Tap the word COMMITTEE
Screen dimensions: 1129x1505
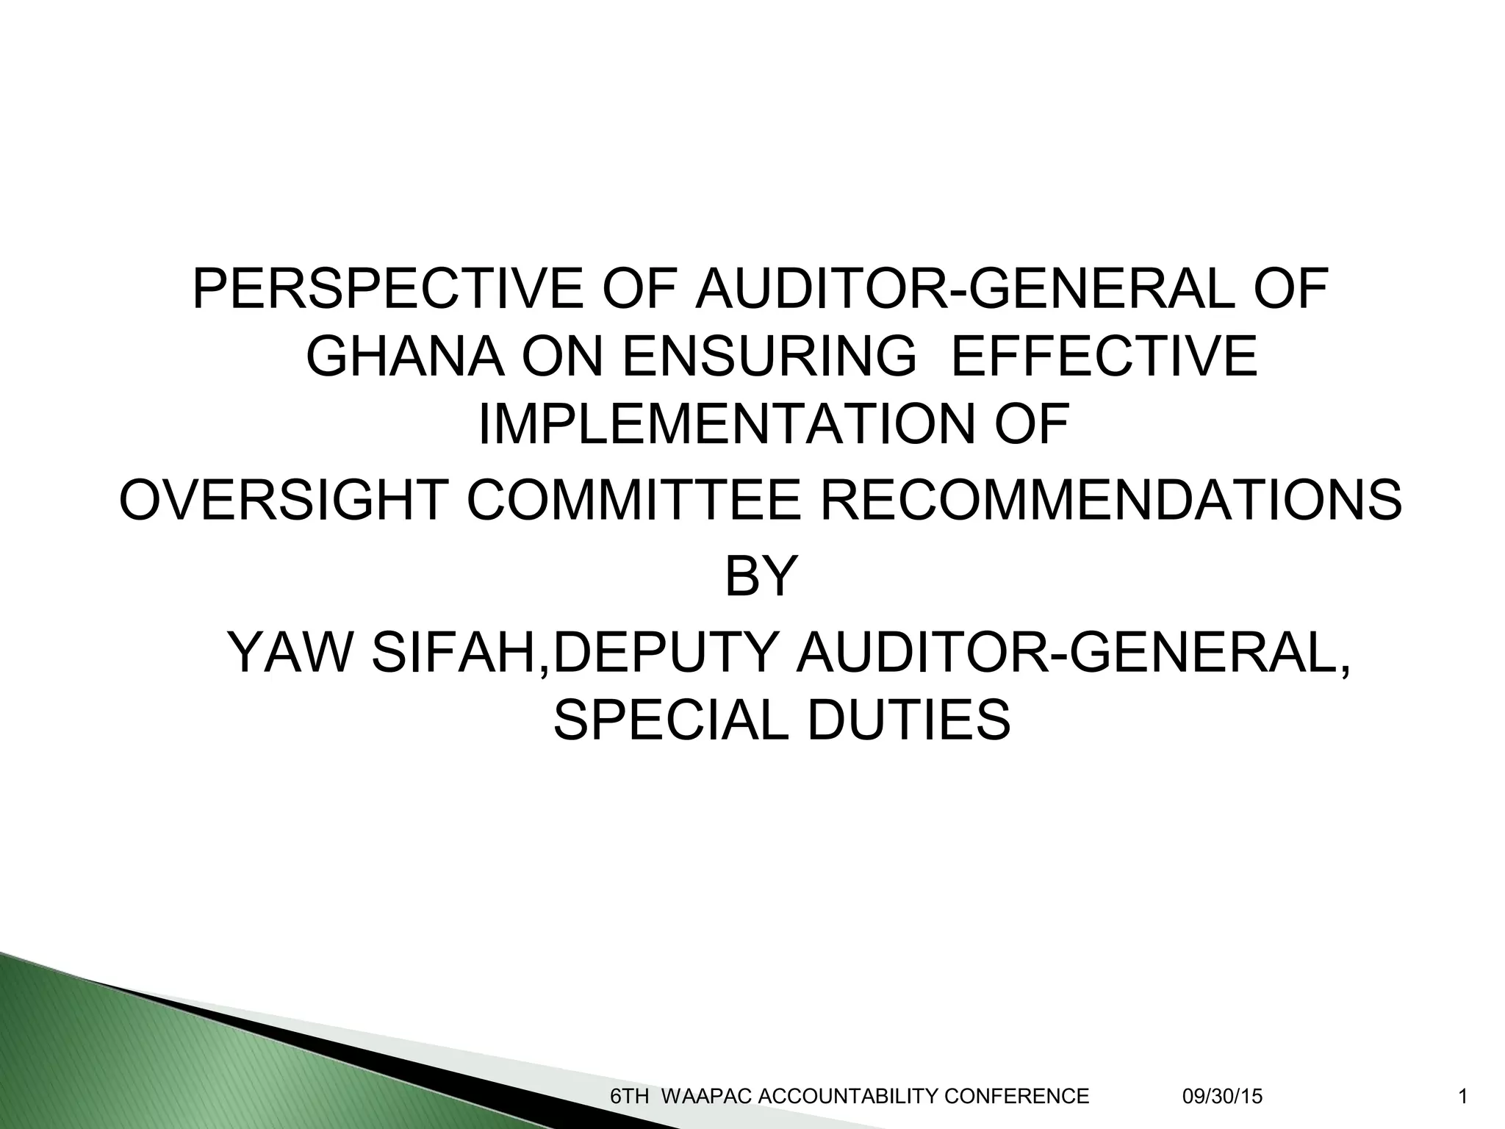(x=633, y=500)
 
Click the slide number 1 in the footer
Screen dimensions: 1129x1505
(x=1462, y=1097)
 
